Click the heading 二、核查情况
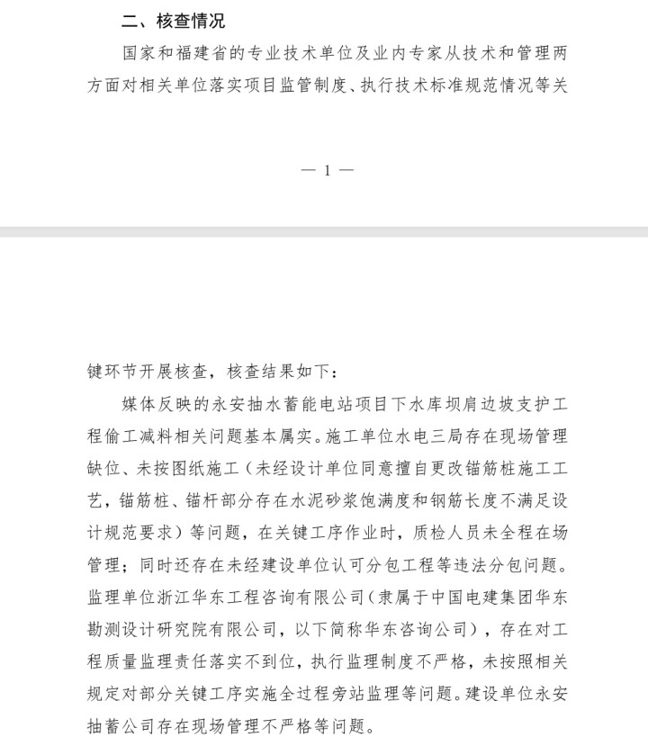point(174,22)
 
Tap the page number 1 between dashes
point(328,170)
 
